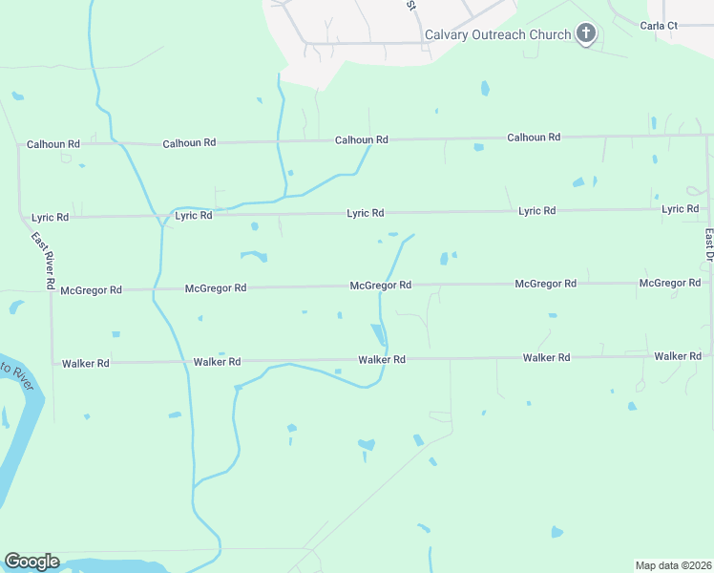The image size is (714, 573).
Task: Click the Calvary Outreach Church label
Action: [497, 35]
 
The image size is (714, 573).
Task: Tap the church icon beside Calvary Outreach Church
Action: [586, 35]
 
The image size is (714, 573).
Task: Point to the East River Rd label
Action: [42, 261]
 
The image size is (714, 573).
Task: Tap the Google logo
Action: [31, 562]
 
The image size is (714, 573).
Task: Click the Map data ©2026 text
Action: [674, 564]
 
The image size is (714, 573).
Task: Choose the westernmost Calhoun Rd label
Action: [52, 144]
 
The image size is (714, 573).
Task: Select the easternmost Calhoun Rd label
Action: [533, 138]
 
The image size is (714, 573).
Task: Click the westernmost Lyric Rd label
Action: [50, 218]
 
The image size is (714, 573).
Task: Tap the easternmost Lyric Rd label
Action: [680, 208]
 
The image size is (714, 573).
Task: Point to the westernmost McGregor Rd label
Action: [91, 289]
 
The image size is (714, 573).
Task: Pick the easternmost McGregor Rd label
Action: [670, 283]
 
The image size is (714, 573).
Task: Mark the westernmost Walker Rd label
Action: [85, 363]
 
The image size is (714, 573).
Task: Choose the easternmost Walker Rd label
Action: [678, 355]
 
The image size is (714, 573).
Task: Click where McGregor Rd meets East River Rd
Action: [52, 289]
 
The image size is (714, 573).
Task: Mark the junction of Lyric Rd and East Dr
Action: [707, 207]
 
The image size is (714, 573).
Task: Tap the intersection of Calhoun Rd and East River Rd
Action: [20, 145]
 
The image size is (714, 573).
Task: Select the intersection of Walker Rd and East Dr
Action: [711, 355]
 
